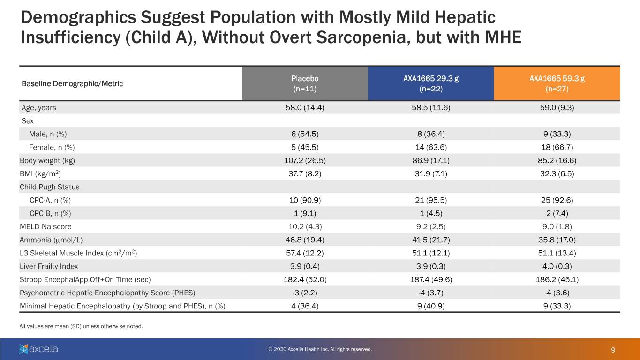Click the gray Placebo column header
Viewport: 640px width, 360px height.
click(305, 83)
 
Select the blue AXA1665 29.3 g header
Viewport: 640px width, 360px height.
click(431, 83)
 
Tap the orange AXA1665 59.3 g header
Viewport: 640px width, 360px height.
click(557, 83)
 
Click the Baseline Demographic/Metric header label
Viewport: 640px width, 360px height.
click(72, 84)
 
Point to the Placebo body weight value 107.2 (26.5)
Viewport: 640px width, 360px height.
click(305, 161)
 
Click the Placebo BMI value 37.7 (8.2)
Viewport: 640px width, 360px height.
click(305, 174)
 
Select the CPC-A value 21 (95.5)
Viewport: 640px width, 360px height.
click(431, 200)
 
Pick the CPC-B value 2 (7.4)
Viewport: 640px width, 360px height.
click(557, 213)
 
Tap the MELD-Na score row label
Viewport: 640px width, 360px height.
click(45, 226)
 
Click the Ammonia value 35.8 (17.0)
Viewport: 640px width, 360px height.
click(557, 240)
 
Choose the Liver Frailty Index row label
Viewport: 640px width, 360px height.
click(49, 266)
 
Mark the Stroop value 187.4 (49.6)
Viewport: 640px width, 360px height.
click(431, 279)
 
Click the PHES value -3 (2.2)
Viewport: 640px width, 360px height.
click(305, 293)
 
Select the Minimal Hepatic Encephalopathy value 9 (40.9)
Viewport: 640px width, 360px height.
click(431, 306)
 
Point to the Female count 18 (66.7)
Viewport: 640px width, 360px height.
click(557, 147)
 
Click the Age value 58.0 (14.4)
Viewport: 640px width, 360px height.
click(305, 108)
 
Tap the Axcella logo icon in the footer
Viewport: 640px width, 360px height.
click(24, 349)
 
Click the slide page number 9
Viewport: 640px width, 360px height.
click(613, 350)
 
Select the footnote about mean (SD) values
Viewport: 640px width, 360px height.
click(81, 326)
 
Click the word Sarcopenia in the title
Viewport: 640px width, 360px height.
click(361, 37)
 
